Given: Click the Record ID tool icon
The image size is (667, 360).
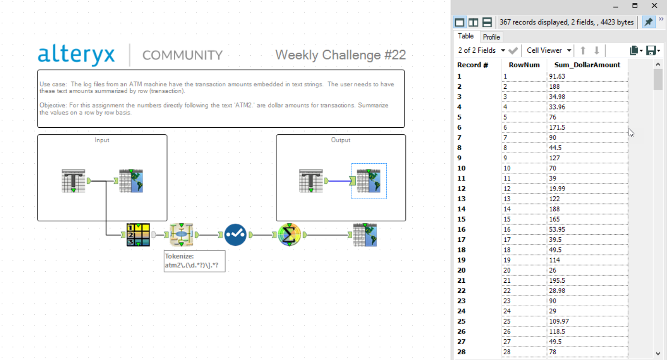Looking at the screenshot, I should pos(138,235).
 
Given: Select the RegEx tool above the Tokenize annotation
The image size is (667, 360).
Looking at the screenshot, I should pos(181,235).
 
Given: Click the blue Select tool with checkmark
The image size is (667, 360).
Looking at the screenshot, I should pos(235,235).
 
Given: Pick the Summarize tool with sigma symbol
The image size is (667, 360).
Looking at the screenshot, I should pos(289,235).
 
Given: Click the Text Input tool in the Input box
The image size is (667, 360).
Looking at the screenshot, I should pos(73,180).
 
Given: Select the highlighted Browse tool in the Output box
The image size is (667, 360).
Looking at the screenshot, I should pos(369,181).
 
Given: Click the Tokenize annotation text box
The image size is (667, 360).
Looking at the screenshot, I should pos(194,261).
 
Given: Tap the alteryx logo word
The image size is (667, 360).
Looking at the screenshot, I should pos(76,55).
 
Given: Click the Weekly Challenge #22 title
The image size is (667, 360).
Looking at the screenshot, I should pos(340,55).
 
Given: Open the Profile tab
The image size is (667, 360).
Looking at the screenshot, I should pos(491,37).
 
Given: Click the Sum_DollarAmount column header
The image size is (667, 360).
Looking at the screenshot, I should pos(587,65).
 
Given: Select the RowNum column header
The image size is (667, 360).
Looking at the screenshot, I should pos(524,65).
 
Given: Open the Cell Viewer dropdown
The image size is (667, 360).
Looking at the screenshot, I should pos(548,50).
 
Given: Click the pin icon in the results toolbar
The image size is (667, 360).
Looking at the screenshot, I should pos(648,22).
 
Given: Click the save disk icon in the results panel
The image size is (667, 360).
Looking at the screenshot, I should pos(652,50).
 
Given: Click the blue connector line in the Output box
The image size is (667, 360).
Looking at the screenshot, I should pos(339,181).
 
